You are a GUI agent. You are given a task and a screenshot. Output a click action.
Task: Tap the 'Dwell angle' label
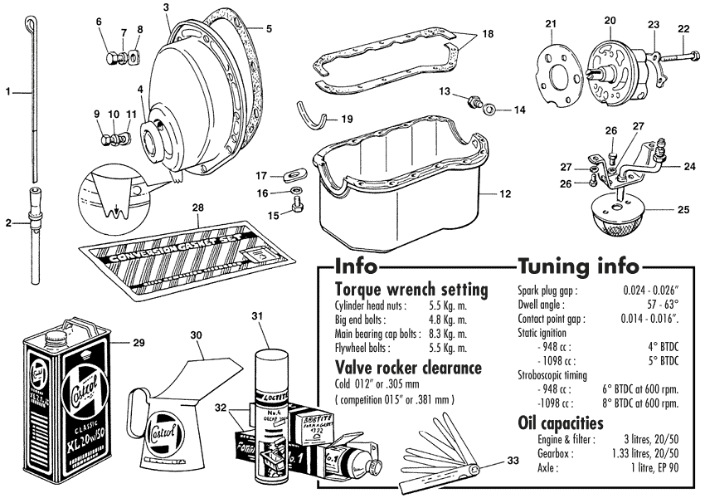click(540, 305)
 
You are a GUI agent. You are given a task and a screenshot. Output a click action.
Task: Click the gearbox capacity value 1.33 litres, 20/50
click(640, 452)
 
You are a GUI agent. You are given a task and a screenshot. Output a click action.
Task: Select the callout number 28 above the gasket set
click(197, 207)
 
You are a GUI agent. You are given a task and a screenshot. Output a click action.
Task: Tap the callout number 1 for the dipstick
click(7, 92)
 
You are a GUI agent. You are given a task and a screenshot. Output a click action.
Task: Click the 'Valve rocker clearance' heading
click(409, 368)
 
